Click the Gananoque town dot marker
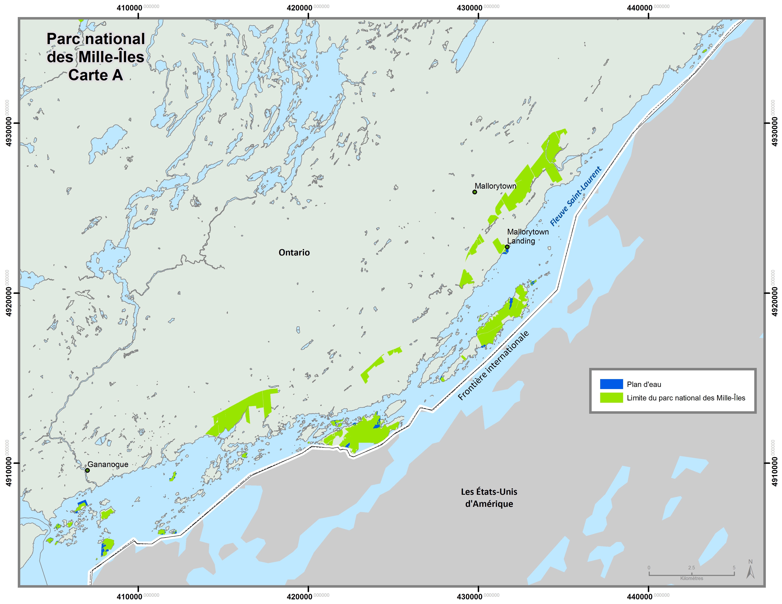87,470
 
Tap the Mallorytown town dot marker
475,192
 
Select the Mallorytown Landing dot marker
507,247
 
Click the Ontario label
294,253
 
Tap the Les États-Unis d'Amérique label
489,498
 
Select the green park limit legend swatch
611,398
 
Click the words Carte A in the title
96,75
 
